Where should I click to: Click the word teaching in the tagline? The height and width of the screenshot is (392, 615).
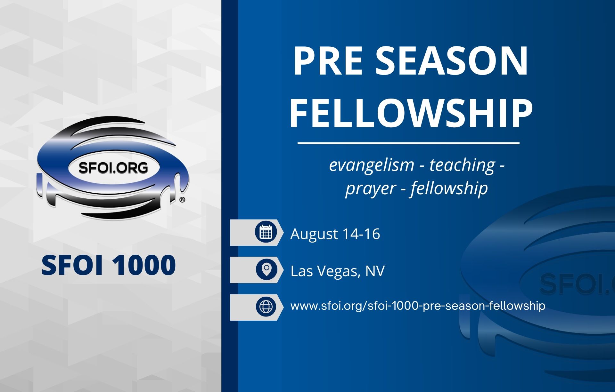(462, 165)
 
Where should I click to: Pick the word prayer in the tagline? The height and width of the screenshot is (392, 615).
(371, 189)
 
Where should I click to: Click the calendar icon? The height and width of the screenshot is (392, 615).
(266, 232)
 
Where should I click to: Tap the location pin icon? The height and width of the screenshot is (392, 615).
(266, 269)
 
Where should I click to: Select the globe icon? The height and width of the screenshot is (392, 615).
(266, 307)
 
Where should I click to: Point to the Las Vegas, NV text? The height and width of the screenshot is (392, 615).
(337, 271)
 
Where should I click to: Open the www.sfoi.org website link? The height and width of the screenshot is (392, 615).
(418, 306)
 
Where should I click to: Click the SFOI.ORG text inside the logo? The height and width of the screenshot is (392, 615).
(113, 167)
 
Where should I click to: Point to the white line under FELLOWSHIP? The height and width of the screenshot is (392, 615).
(408, 143)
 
